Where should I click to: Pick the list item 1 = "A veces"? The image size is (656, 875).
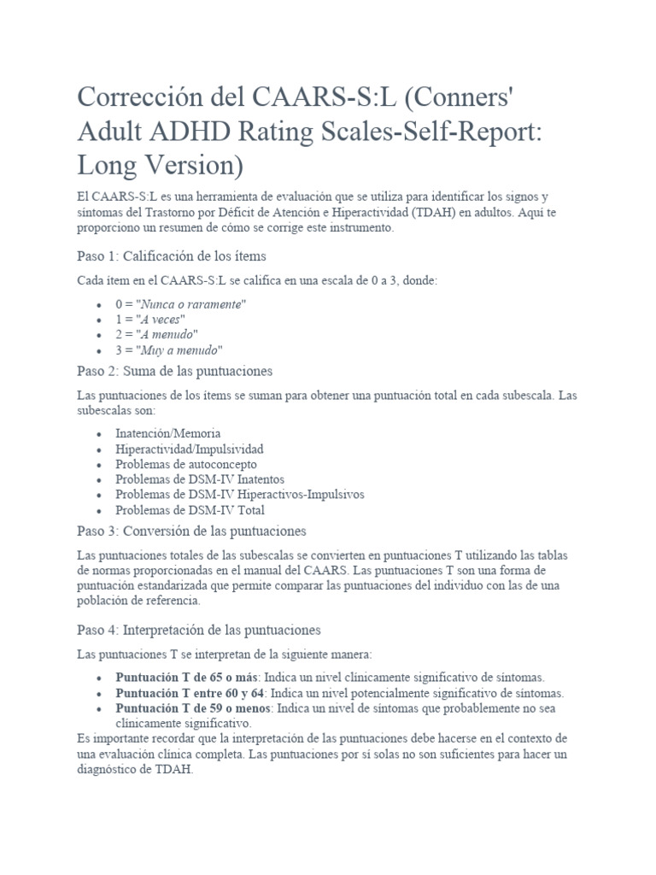tap(150, 319)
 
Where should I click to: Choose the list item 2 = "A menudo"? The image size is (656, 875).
tap(157, 334)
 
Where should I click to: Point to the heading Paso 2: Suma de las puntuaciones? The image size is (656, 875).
tap(175, 372)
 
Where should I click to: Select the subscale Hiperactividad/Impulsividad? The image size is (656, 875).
tap(190, 449)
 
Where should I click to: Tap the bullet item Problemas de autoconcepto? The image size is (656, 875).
tap(186, 464)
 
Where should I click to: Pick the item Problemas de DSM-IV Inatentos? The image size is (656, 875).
tap(201, 479)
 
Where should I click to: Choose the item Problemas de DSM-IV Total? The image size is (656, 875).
tap(190, 510)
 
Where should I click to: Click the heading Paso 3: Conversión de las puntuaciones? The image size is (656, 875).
tap(191, 531)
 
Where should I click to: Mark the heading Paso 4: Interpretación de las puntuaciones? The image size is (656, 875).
tap(198, 630)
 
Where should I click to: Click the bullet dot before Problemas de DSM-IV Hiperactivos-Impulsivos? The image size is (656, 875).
tap(100, 495)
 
